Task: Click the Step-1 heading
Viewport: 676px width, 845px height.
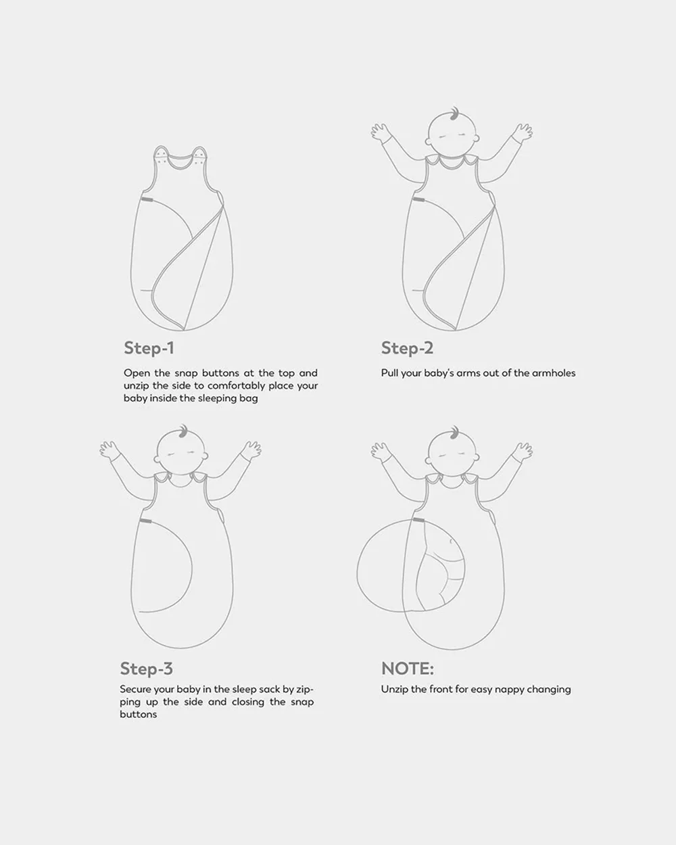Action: point(149,348)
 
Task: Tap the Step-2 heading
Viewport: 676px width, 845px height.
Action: point(408,348)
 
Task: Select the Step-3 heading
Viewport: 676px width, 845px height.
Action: point(147,669)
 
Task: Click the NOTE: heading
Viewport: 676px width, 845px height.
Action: point(408,669)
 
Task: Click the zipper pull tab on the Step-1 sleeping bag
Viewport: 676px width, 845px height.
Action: point(147,199)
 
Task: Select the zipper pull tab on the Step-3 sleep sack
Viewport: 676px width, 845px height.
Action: point(145,521)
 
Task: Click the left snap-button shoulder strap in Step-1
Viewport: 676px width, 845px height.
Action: point(161,155)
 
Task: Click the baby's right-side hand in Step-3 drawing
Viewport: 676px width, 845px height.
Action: point(251,450)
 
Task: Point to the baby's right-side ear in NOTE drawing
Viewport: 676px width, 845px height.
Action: point(477,458)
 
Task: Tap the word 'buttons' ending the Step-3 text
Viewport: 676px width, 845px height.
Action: point(139,715)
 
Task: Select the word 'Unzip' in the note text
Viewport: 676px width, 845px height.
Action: point(394,690)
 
